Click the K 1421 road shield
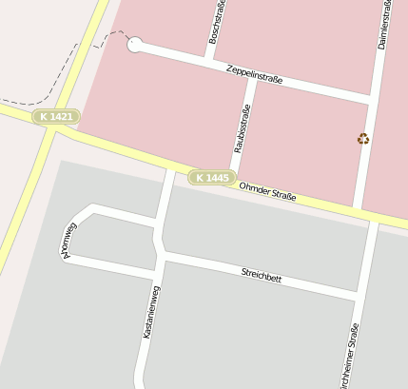(56, 116)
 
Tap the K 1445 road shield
(211, 178)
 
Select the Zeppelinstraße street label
(255, 74)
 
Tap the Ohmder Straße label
(268, 192)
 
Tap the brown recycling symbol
(363, 139)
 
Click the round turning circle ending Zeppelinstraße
(134, 44)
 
